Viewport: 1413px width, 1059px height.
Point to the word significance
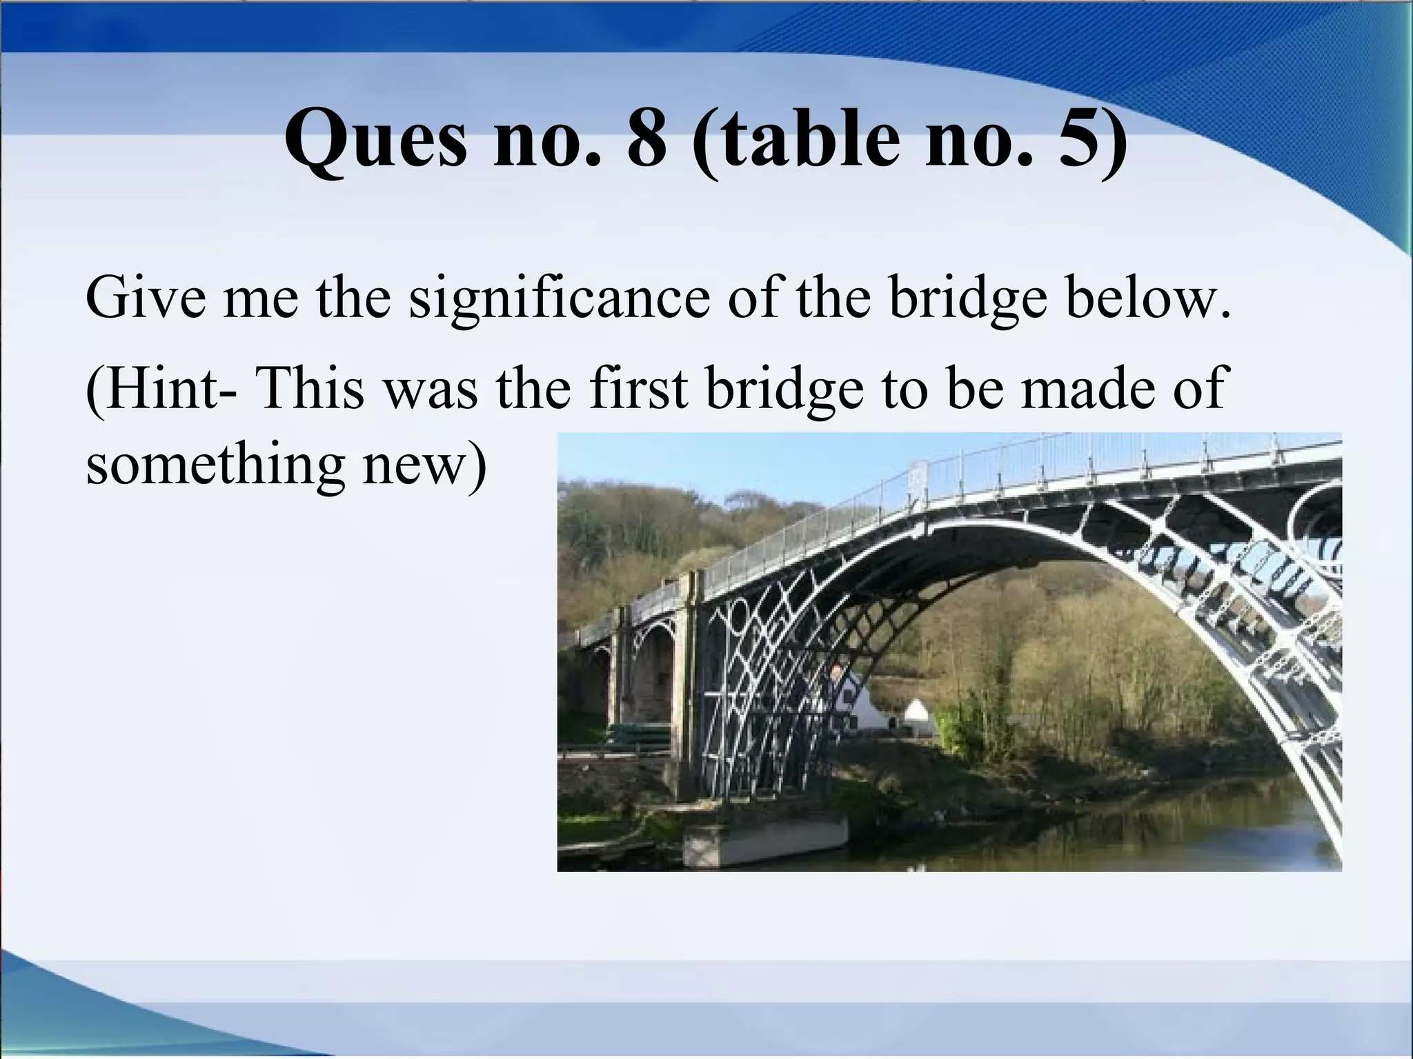click(560, 301)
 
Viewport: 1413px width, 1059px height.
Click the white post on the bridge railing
click(918, 478)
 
